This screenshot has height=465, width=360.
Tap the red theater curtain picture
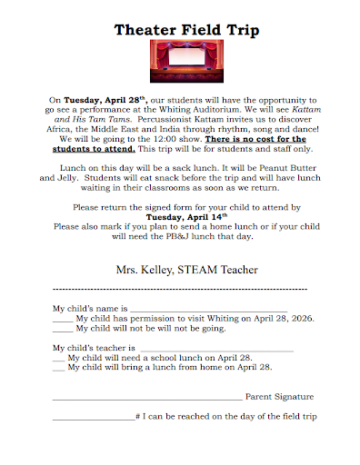[183, 66]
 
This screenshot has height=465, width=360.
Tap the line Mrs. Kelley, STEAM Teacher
[186, 270]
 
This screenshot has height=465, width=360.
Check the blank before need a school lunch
[59, 358]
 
